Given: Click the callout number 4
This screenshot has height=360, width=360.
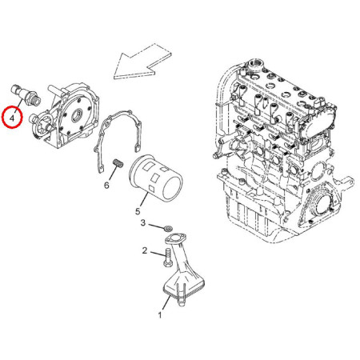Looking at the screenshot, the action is tap(12, 118).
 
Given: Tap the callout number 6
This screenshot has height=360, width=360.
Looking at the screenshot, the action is tap(106, 185).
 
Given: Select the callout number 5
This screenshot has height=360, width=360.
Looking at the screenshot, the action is tap(138, 211).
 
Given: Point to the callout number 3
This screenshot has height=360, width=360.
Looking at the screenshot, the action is tap(143, 222).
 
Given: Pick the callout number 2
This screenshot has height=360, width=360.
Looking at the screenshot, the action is tap(145, 250).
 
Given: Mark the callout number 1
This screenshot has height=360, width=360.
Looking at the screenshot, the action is tap(160, 315).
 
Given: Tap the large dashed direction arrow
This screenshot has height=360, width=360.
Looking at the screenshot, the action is tap(142, 62).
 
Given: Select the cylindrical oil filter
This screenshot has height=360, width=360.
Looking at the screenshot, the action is tap(156, 178).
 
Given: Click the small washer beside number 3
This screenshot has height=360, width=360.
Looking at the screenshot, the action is tap(168, 228).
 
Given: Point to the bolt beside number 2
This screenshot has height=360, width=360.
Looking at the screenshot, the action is tap(167, 258).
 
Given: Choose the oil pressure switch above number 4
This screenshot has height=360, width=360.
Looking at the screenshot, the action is tap(26, 95).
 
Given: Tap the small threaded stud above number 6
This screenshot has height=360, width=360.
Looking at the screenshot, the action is tap(118, 162).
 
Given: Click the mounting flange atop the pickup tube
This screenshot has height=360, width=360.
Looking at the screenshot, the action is tap(176, 238).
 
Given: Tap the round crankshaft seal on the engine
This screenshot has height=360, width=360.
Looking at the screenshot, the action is tap(321, 203).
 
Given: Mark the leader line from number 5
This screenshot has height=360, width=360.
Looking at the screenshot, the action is tap(143, 200).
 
